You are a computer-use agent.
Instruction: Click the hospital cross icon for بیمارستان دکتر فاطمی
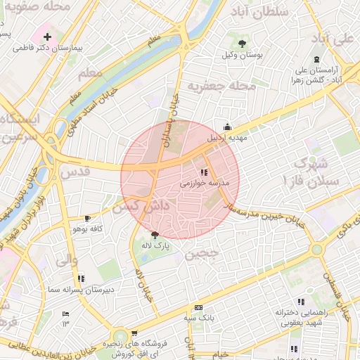point(47,36)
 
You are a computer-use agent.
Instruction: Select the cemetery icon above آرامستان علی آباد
point(317,59)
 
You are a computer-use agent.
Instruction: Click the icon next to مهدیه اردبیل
point(226,127)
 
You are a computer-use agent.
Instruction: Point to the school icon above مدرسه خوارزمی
point(204,172)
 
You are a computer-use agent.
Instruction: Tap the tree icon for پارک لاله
point(155,235)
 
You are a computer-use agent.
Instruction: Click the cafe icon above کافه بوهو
point(87,219)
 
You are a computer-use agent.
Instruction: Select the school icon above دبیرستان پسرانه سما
point(82,277)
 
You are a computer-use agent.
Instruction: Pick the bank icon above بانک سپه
point(198,307)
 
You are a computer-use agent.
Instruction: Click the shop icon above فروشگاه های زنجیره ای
point(134,333)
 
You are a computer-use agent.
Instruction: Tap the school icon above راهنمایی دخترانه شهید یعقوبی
point(301,301)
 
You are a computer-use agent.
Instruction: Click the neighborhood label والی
point(65,259)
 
